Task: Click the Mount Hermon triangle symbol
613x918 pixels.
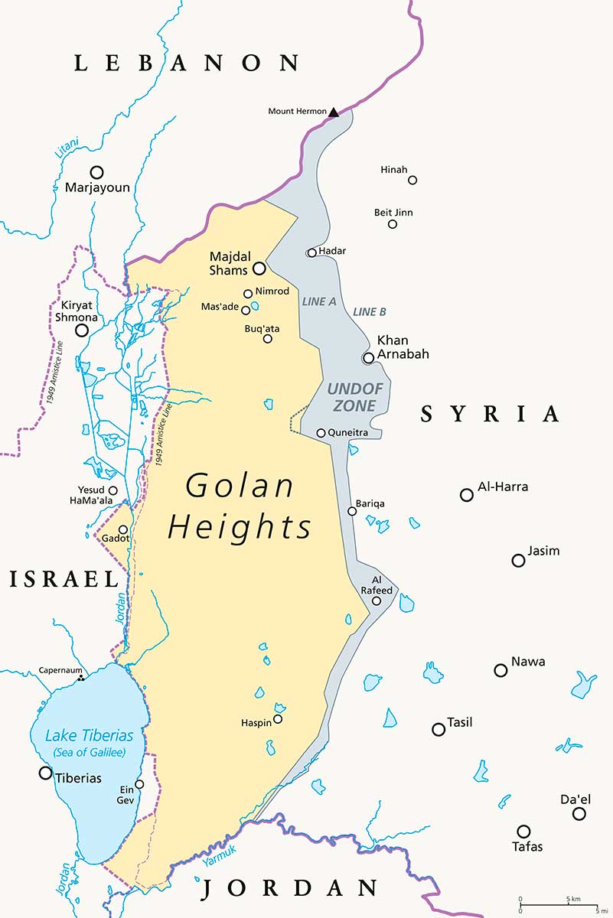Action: click(334, 112)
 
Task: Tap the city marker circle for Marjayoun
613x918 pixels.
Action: click(96, 172)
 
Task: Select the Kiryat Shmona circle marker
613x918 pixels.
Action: click(81, 330)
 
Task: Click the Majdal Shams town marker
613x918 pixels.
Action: click(259, 269)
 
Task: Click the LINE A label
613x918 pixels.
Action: click(319, 301)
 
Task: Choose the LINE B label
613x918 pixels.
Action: click(370, 312)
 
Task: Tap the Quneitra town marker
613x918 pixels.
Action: click(321, 433)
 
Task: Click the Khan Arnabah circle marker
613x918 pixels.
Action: click(368, 357)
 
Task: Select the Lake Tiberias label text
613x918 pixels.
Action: click(90, 736)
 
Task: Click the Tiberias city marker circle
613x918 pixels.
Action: click(45, 773)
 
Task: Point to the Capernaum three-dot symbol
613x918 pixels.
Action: click(80, 678)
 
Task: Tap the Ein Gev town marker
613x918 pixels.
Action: click(139, 784)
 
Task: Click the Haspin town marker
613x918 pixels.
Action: click(278, 718)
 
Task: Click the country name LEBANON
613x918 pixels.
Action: click(187, 63)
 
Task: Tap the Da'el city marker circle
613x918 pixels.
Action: click(579, 814)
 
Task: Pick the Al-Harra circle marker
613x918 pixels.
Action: click(467, 495)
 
